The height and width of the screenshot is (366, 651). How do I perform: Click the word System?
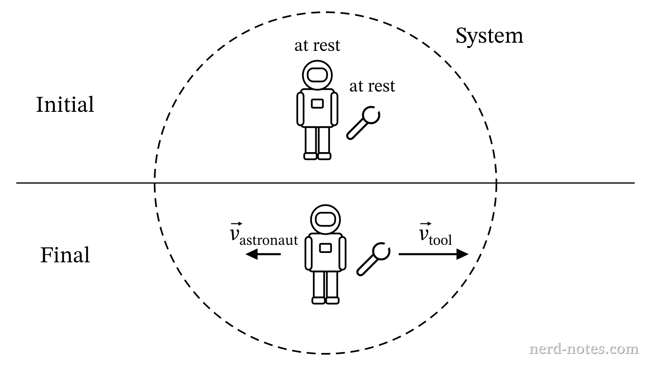489,36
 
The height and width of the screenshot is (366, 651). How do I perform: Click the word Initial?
65,105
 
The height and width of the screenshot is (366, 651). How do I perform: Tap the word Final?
65,255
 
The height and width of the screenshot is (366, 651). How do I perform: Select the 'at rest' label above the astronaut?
317,46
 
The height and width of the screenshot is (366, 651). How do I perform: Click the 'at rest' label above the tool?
372,87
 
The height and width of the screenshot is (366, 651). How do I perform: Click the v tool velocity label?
435,235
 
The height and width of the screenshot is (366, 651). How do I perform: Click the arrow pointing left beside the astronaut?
263,255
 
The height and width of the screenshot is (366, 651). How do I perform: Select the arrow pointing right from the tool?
434,255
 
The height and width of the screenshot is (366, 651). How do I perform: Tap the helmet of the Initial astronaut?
317,75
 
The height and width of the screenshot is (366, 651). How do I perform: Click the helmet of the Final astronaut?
325,219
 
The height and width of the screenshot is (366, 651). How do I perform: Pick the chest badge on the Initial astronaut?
317,104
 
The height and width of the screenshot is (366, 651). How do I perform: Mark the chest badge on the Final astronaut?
325,248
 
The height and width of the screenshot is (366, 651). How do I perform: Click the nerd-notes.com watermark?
583,349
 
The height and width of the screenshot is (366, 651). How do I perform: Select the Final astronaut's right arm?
308,253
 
